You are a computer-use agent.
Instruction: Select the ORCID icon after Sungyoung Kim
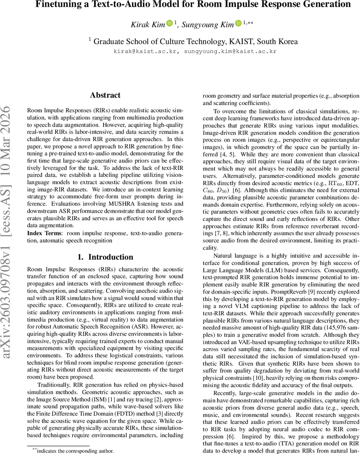(238, 23)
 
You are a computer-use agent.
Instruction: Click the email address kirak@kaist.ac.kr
(145, 51)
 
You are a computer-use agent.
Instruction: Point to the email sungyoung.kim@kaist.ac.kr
(230, 51)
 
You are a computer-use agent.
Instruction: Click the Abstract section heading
(105, 95)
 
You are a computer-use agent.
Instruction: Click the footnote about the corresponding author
(70, 451)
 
